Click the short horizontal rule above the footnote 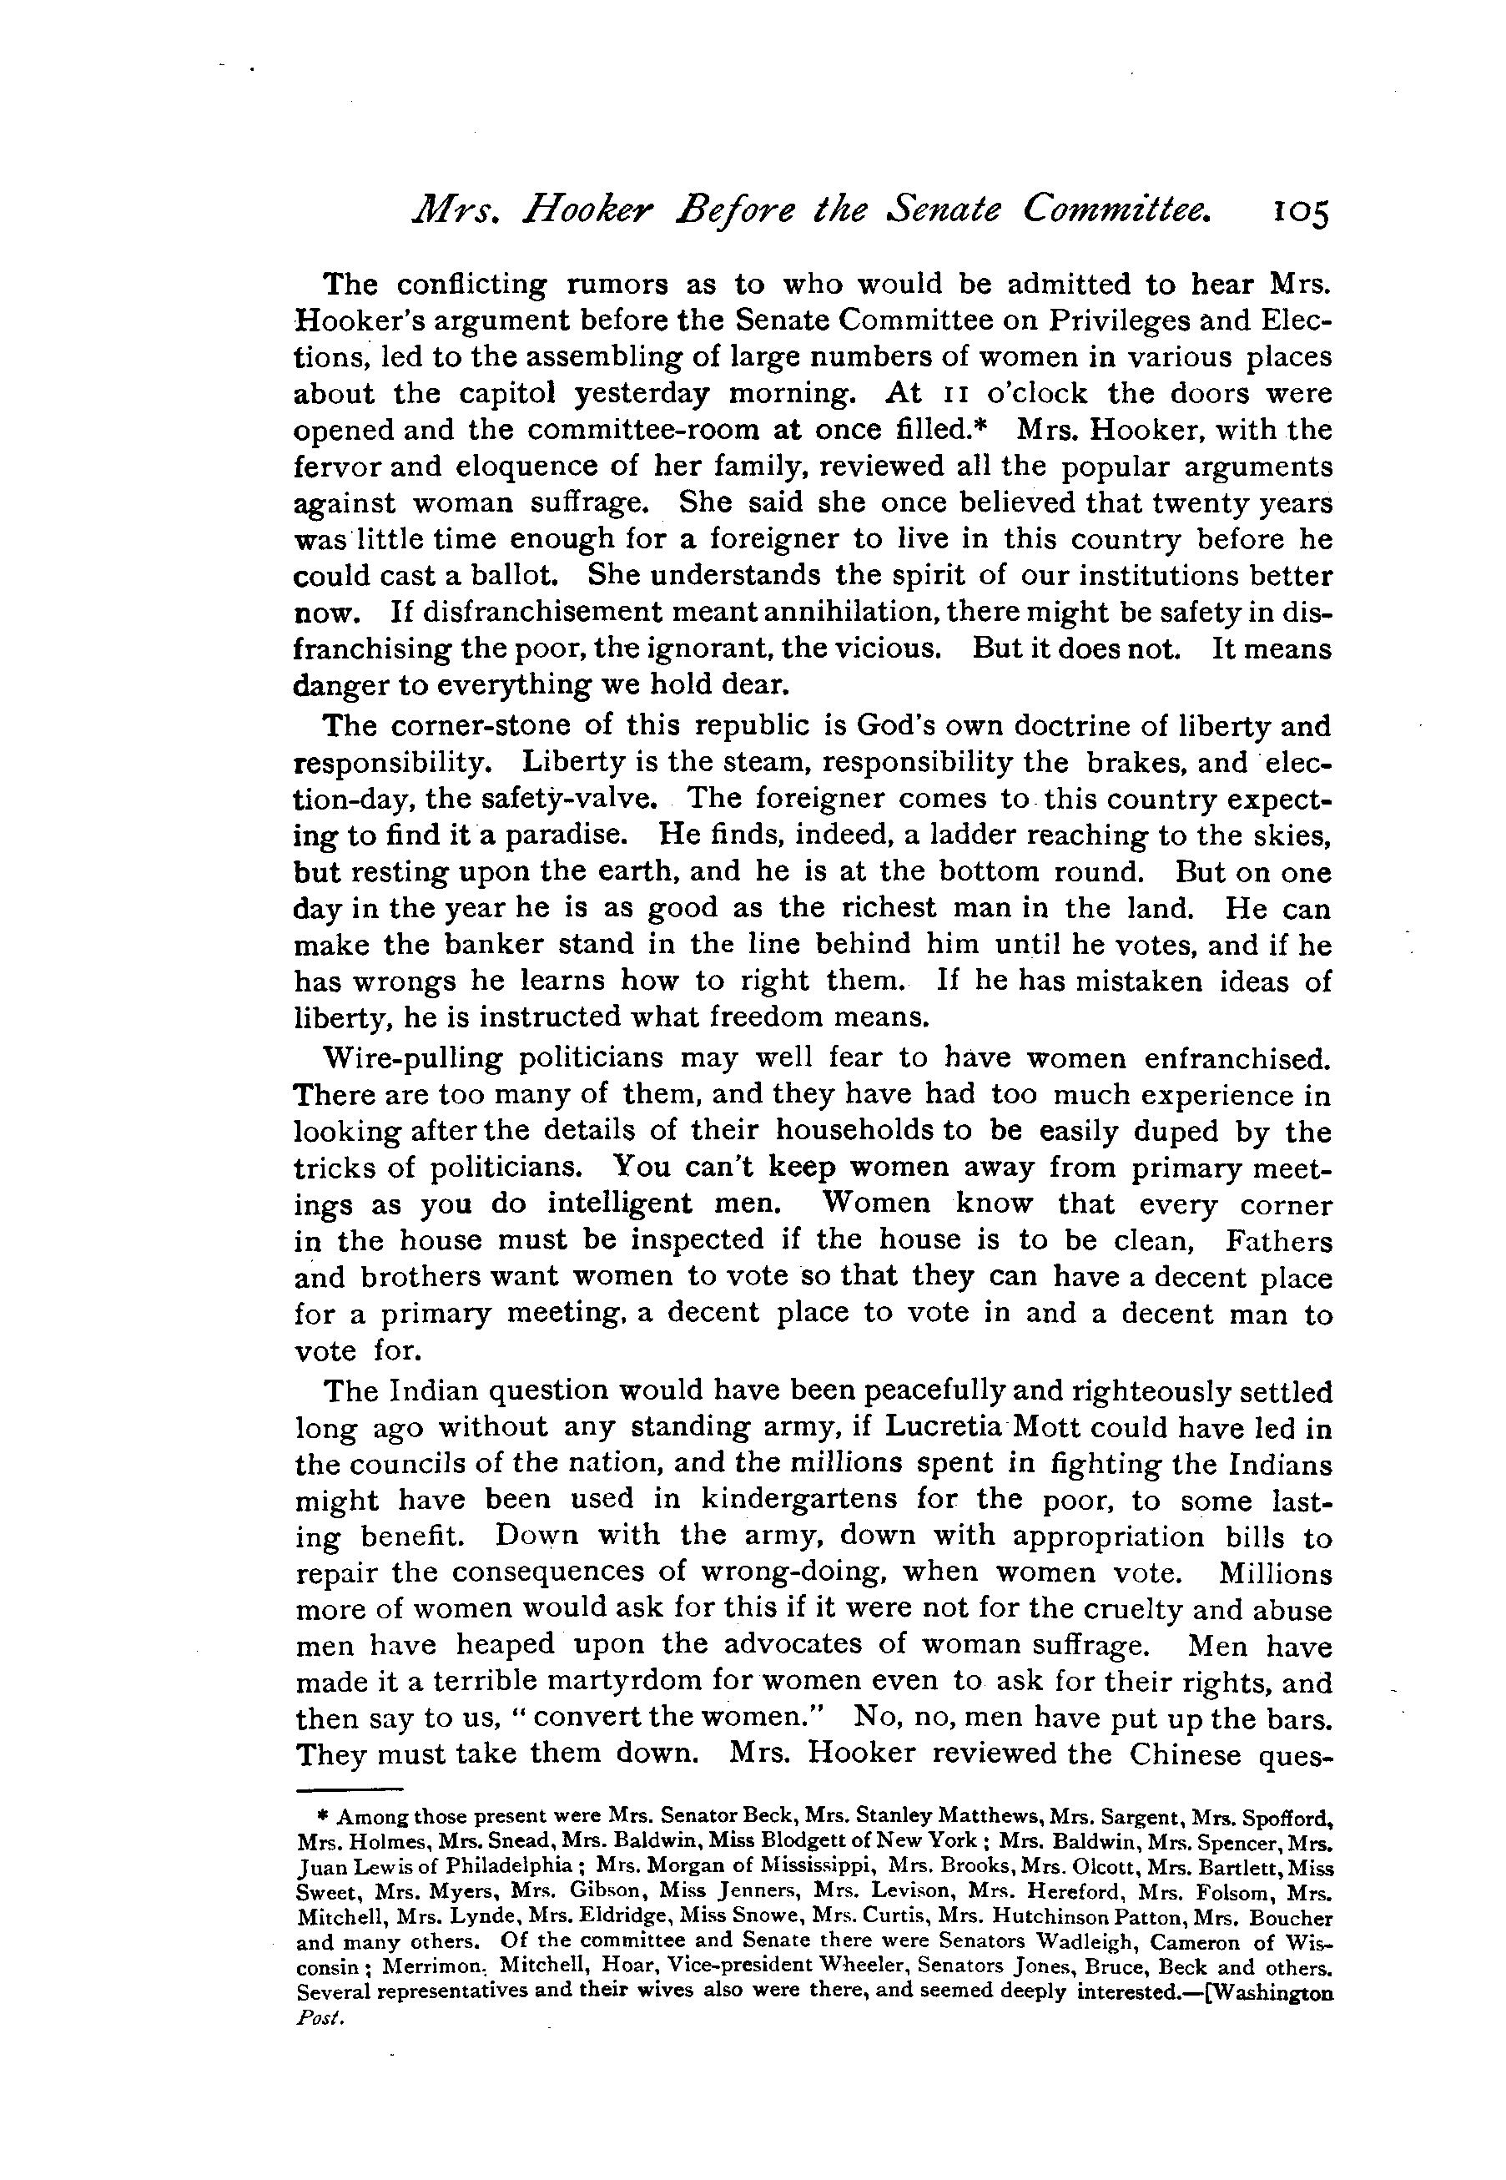click(x=349, y=1789)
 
